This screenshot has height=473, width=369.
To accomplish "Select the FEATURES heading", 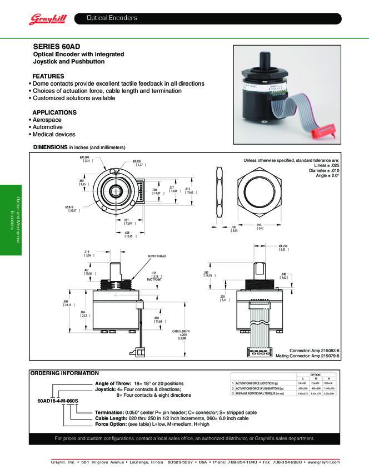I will (48, 76).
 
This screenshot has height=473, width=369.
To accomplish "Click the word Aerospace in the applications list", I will (47, 120).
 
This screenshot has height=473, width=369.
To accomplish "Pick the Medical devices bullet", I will (54, 134).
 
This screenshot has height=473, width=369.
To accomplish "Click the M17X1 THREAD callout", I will (157, 257).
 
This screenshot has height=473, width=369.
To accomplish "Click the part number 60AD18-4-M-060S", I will (58, 401).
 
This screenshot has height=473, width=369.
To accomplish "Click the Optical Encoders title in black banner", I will (112, 18).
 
